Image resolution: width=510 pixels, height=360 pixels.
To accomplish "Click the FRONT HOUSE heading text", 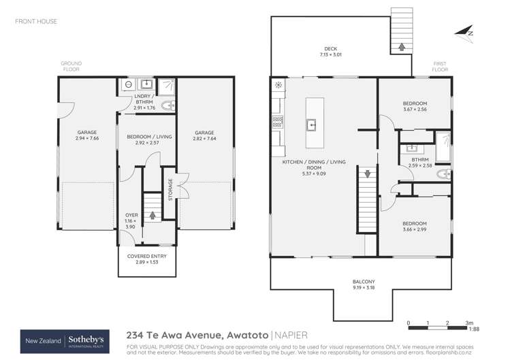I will (x=36, y=22).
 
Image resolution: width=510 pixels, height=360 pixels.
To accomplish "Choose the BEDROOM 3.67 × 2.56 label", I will (x=414, y=106).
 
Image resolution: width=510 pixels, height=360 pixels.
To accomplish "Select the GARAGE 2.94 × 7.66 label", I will (x=86, y=135).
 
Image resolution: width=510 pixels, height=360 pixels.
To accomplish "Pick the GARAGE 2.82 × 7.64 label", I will (x=204, y=135).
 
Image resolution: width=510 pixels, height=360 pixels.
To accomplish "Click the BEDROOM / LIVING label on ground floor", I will (x=148, y=140).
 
